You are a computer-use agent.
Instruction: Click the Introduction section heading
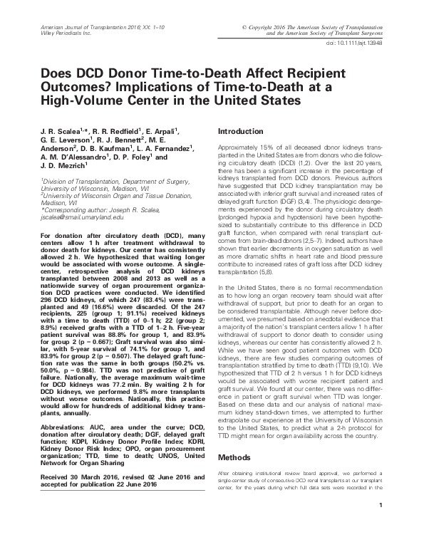(x=242, y=132)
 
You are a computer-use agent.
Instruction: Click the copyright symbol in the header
(x=246, y=26)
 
